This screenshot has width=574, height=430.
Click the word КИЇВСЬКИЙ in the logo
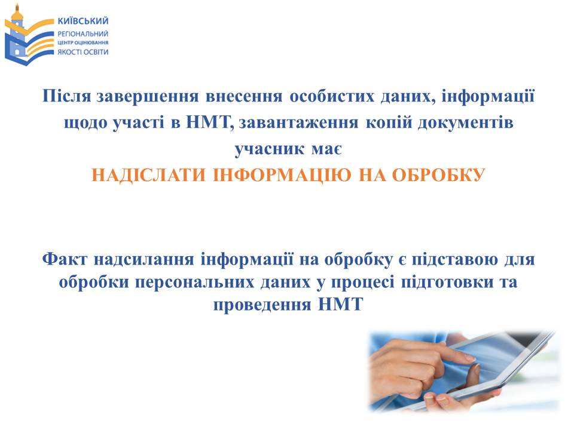pos(83,21)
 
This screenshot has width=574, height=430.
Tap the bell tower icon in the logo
pos(16,33)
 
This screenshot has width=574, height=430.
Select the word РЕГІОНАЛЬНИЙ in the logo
pos(83,34)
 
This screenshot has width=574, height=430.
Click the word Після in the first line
pos(66,96)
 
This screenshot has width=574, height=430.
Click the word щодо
pos(85,123)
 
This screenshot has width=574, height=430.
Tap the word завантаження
pos(298,123)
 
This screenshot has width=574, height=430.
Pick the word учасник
pos(269,149)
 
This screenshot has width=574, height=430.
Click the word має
pos(327,150)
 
